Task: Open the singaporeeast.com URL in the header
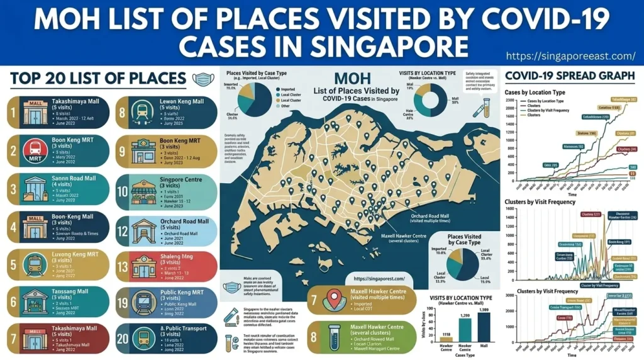tap(571, 56)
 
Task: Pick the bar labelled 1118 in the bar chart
tap(446, 339)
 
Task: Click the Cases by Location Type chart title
tap(535, 92)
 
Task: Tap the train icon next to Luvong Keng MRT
tap(32, 262)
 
